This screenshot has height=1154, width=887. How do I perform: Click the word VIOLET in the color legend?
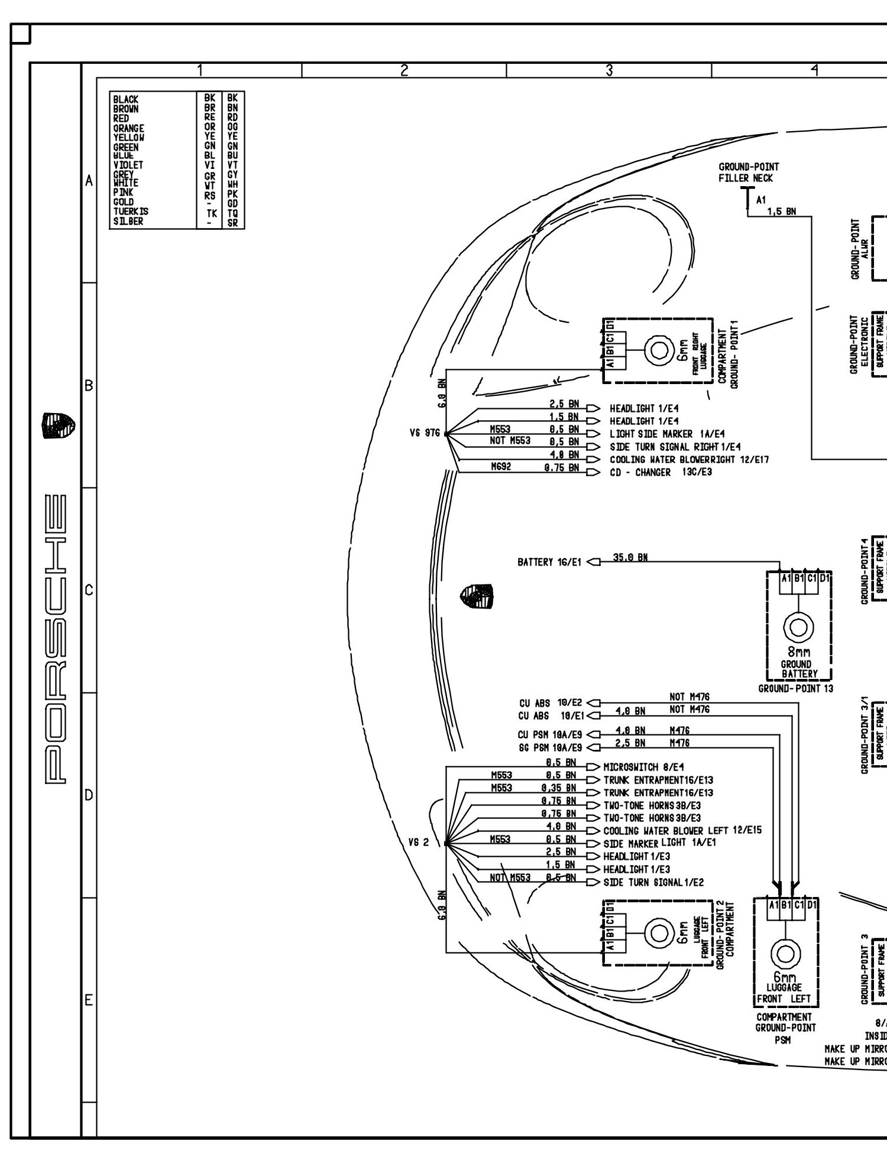pyautogui.click(x=128, y=165)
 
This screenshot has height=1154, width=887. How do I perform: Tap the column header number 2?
pyautogui.click(x=404, y=70)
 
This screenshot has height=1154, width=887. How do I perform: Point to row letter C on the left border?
pyautogui.click(x=89, y=590)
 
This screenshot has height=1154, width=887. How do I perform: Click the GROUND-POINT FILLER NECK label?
pyautogui.click(x=748, y=173)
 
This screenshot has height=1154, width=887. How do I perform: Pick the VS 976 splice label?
pyautogui.click(x=425, y=434)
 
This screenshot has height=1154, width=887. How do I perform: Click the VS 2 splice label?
pyautogui.click(x=419, y=843)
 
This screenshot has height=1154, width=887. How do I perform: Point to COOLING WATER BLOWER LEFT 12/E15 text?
pyautogui.click(x=682, y=831)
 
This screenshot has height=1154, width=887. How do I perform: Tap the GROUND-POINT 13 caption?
pyautogui.click(x=795, y=688)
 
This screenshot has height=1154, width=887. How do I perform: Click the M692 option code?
pyautogui.click(x=500, y=466)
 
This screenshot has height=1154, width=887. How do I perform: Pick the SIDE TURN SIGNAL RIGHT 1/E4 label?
pyautogui.click(x=675, y=447)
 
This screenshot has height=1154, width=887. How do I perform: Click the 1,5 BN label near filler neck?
pyautogui.click(x=781, y=212)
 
